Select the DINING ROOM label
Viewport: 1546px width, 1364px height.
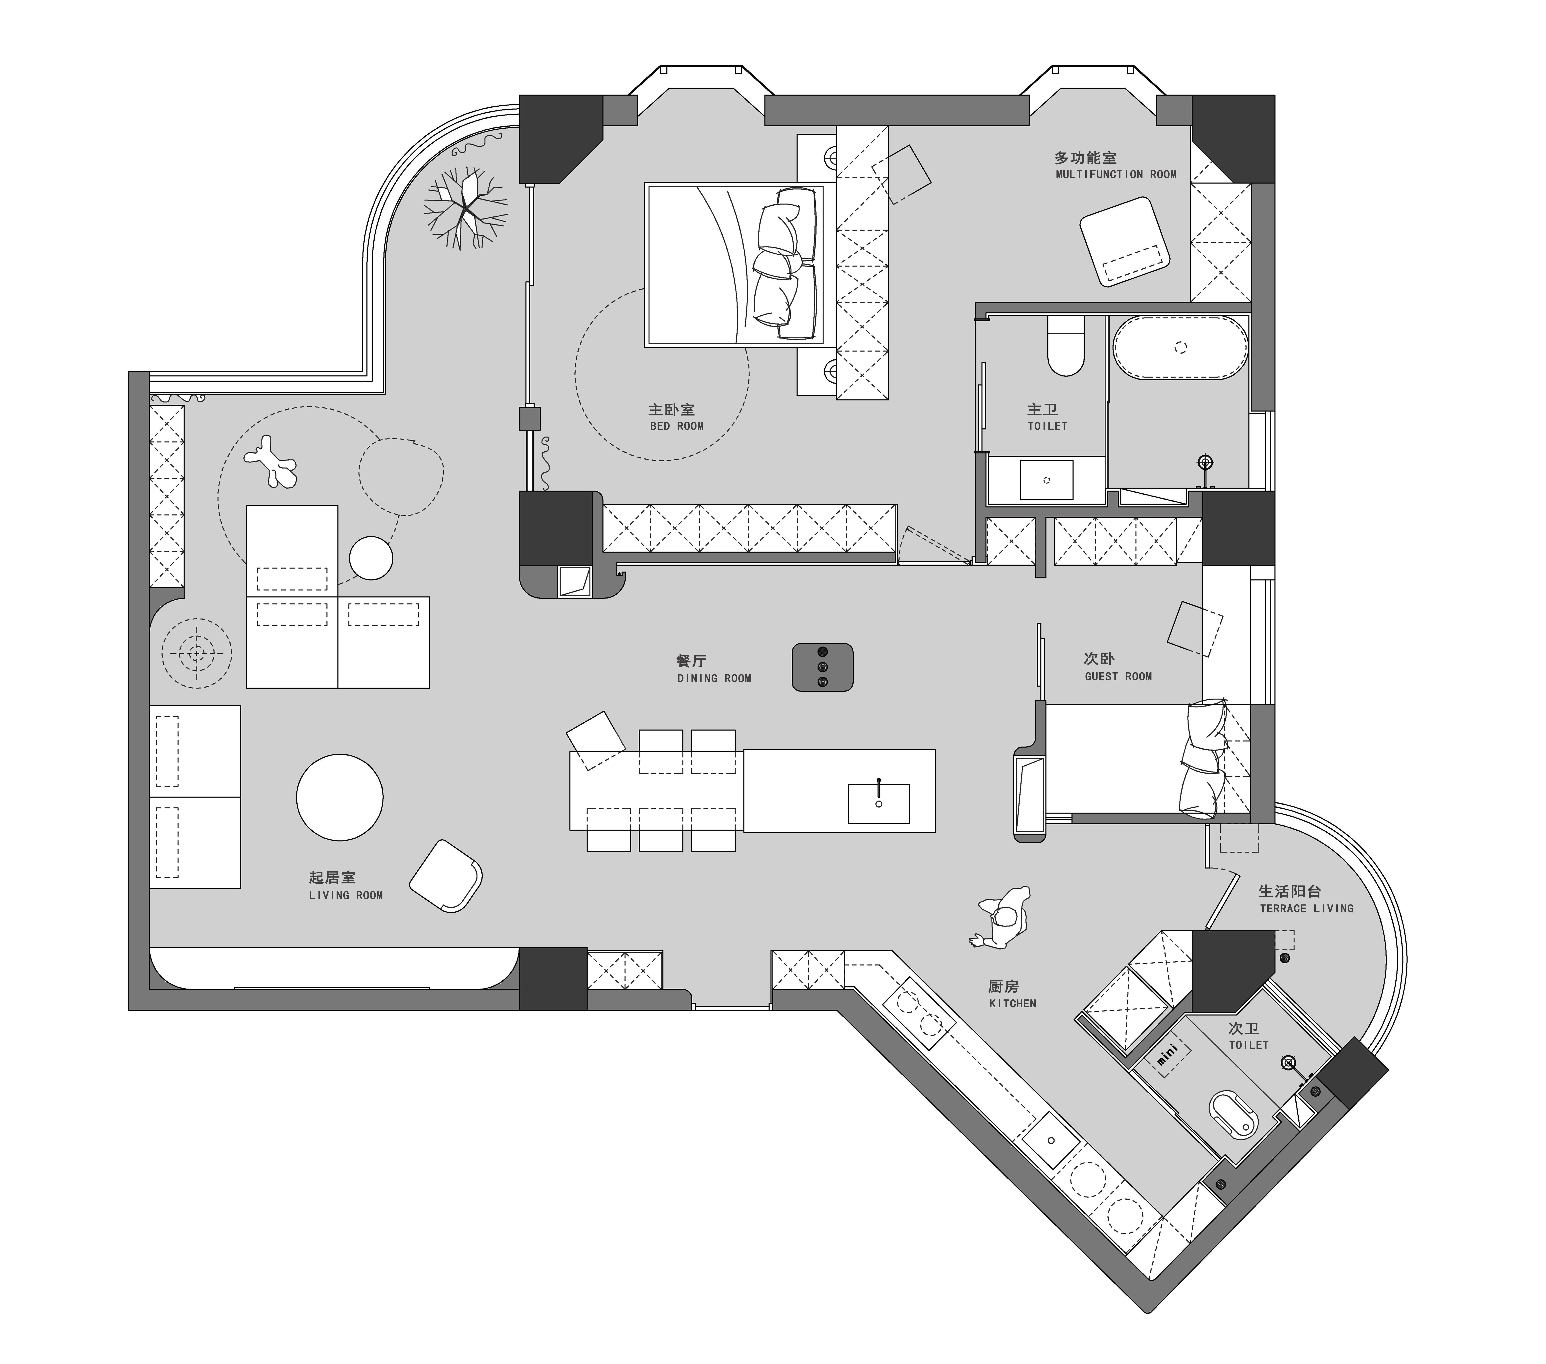coord(714,679)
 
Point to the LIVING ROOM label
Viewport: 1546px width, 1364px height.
coord(346,895)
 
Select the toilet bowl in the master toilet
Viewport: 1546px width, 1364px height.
coord(1066,346)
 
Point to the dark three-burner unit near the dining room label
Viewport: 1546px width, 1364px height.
coord(822,667)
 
